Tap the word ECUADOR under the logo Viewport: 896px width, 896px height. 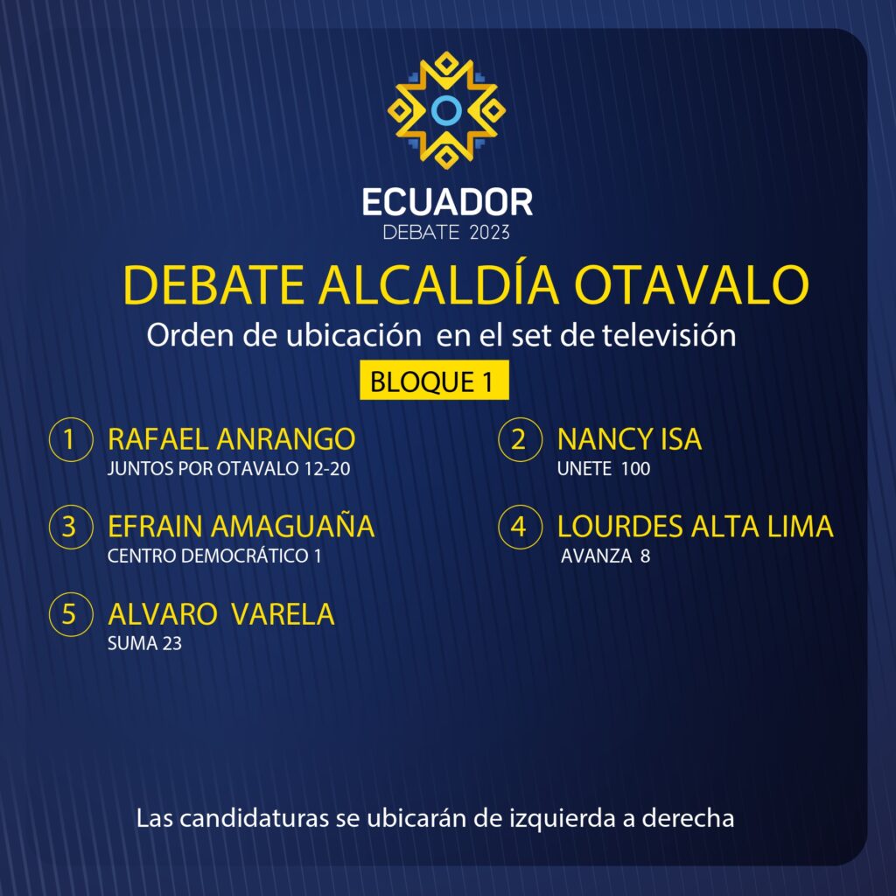(x=447, y=202)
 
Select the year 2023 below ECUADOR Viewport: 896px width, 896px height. (x=489, y=233)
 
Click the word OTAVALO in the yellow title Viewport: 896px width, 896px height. (x=691, y=284)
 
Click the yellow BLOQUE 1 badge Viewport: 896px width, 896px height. (x=434, y=380)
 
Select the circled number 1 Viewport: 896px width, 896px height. (x=71, y=439)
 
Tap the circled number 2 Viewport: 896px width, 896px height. (x=520, y=439)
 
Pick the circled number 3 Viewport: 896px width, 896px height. (x=71, y=527)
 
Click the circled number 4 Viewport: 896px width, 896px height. (x=520, y=527)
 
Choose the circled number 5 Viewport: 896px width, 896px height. (x=71, y=614)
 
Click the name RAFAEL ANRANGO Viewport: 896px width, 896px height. (x=231, y=439)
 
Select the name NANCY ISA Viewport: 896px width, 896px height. (x=629, y=439)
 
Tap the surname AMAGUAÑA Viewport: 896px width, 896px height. (x=292, y=525)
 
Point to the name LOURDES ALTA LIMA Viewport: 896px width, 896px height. (x=695, y=526)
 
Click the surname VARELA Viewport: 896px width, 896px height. (x=283, y=614)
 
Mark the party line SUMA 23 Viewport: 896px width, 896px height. (x=144, y=643)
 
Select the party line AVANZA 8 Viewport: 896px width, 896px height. (x=605, y=556)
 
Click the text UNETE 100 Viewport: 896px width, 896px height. (x=604, y=469)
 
